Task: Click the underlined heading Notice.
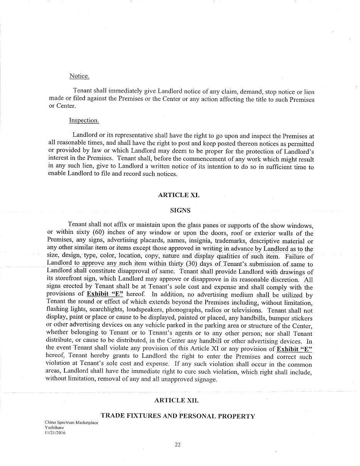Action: click(x=79, y=76)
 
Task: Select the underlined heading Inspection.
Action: click(x=84, y=121)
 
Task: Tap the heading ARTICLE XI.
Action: click(x=179, y=195)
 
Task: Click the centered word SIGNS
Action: click(x=180, y=210)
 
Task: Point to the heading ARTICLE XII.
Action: click(x=177, y=400)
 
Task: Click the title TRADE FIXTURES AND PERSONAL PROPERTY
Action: click(x=178, y=416)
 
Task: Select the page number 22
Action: click(x=178, y=445)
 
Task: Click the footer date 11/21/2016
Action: click(x=55, y=433)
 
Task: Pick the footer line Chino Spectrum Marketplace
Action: click(x=71, y=423)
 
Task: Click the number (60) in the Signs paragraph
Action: click(x=98, y=233)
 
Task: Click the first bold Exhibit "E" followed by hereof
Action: click(x=105, y=295)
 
